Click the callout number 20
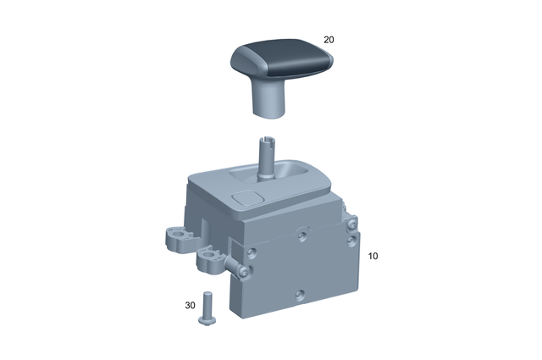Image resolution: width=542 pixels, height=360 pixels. (329, 39)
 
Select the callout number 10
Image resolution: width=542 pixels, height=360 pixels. (373, 255)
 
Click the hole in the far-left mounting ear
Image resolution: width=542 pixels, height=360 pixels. (174, 234)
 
